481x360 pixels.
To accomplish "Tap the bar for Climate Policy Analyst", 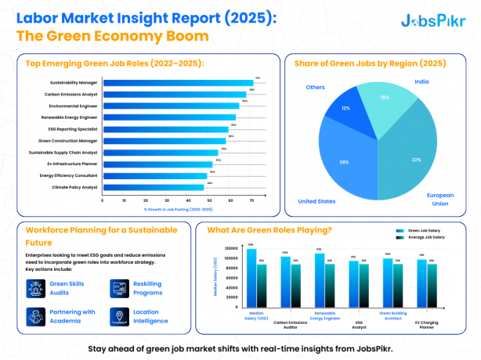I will pyautogui.click(x=153, y=187).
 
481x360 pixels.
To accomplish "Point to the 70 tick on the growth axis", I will pyautogui.click(x=251, y=200).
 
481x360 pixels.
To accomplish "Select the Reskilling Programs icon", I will pyautogui.click(x=119, y=289).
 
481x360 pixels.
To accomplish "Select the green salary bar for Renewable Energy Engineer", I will pyautogui.click(x=320, y=279).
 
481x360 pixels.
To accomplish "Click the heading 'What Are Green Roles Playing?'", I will pyautogui.click(x=269, y=230).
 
